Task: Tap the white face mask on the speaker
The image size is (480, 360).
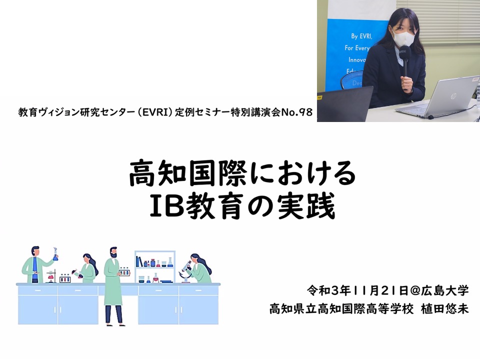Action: pos(403,38)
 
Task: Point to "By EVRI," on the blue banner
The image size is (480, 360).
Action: pos(361,36)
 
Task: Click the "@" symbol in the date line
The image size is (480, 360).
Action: pos(414,290)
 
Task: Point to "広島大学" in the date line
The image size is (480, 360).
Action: pos(444,290)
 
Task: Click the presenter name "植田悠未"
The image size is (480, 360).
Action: pos(445,309)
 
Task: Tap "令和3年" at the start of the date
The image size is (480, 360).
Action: pos(329,290)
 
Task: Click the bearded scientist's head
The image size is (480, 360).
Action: pos(113,252)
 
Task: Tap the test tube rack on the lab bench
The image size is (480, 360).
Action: pos(65,278)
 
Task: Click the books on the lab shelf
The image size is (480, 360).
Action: pos(139,261)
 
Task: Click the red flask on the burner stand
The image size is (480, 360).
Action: pos(51,276)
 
